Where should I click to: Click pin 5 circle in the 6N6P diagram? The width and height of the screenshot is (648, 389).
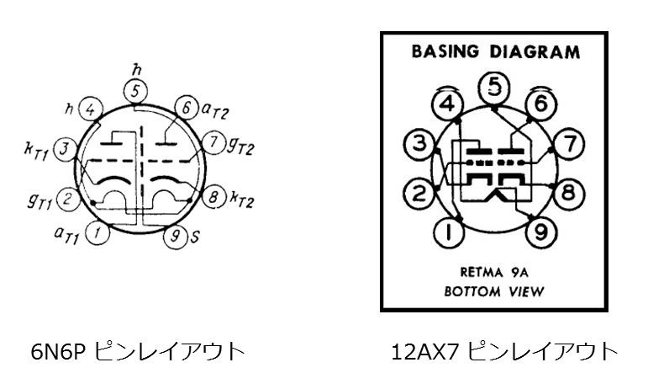[135, 91]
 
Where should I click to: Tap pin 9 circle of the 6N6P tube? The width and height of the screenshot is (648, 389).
[175, 237]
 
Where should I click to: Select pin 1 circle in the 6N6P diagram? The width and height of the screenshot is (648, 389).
[97, 232]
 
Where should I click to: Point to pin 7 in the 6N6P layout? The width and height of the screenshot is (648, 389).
[213, 143]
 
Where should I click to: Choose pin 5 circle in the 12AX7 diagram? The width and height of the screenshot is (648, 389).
[494, 88]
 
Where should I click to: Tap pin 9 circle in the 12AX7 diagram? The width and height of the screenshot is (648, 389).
[541, 231]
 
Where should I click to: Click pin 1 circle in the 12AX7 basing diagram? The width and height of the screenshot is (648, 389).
[450, 232]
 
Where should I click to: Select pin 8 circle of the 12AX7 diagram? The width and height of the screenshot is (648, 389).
[569, 193]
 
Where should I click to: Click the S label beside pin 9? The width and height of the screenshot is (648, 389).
[195, 237]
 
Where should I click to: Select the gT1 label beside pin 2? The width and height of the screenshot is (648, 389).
[40, 200]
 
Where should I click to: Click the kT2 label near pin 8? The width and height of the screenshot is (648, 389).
[242, 199]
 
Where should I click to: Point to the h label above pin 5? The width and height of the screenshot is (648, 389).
[135, 71]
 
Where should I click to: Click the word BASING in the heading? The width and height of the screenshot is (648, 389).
[445, 51]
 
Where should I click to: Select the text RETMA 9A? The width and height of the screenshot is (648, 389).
[494, 272]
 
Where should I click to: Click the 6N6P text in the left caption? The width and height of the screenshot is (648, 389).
[58, 352]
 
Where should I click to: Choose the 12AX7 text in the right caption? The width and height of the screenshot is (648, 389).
[424, 352]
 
